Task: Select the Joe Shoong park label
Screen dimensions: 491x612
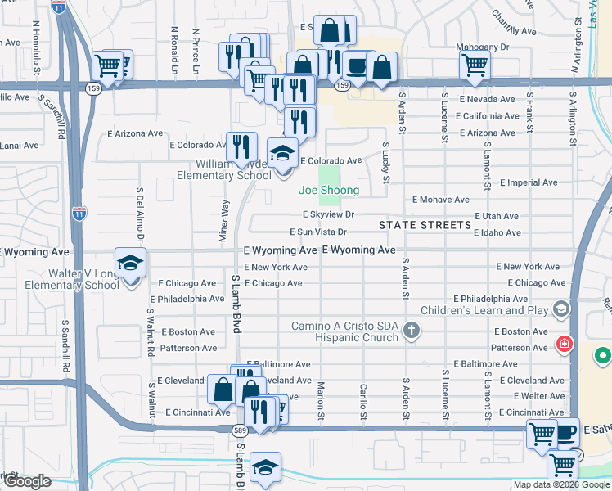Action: [328, 191]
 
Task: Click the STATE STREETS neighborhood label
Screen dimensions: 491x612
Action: [425, 224]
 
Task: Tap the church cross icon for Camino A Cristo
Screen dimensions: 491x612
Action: [412, 330]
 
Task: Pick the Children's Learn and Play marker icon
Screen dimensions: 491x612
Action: [560, 309]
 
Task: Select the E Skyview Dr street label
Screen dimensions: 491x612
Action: [327, 214]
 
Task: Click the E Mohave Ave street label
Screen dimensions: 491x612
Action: [440, 199]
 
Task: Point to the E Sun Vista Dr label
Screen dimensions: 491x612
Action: [325, 232]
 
